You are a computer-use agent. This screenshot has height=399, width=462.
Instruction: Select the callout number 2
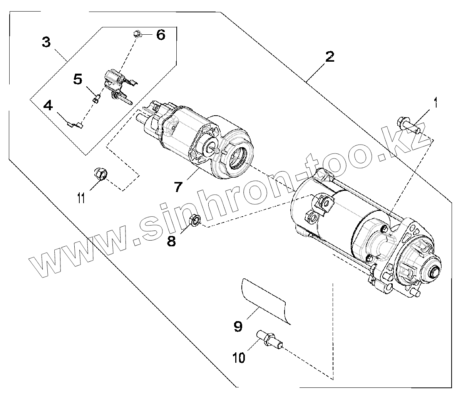click(330, 57)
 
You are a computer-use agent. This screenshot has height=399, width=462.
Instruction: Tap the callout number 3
click(46, 42)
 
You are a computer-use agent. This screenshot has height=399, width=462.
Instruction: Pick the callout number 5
click(78, 80)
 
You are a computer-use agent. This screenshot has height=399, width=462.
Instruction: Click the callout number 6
click(160, 35)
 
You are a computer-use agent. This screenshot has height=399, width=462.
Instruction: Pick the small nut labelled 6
click(137, 34)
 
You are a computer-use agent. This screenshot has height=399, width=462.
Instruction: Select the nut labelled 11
click(101, 174)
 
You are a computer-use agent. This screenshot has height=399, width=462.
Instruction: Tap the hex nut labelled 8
click(195, 221)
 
